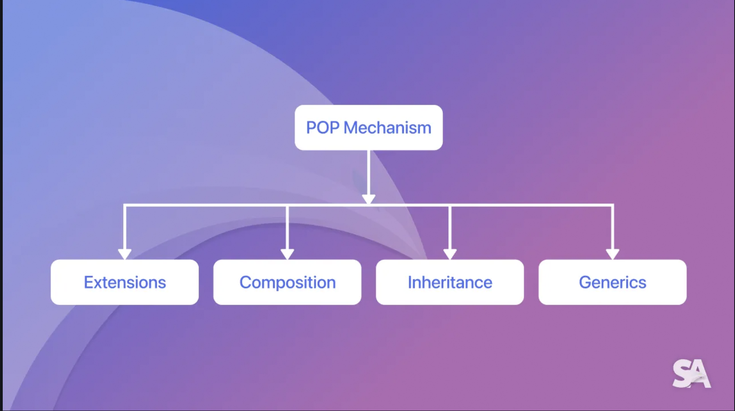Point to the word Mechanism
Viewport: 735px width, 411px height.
click(387, 128)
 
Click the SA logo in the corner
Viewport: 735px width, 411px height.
click(691, 374)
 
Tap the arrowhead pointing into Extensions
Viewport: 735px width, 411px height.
click(124, 254)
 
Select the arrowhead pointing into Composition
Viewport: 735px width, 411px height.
click(287, 254)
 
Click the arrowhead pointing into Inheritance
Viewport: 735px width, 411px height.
click(450, 254)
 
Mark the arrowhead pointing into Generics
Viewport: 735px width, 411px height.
click(612, 254)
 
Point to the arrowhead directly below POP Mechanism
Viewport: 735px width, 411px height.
click(368, 199)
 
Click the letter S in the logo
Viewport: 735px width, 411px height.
click(682, 374)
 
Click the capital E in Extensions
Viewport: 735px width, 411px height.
click(88, 282)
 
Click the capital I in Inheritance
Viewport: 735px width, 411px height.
click(410, 282)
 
